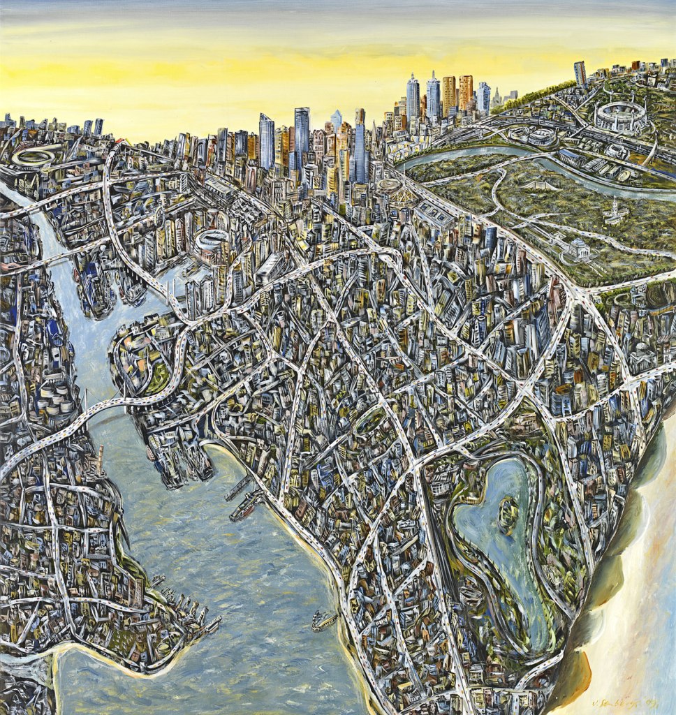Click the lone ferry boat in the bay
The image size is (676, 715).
pyautogui.click(x=324, y=620)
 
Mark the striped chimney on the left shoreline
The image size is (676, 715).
pyautogui.click(x=101, y=458)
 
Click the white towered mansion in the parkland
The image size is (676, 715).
pyautogui.click(x=615, y=209)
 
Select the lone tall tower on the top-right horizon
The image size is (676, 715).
pyautogui.click(x=580, y=73)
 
